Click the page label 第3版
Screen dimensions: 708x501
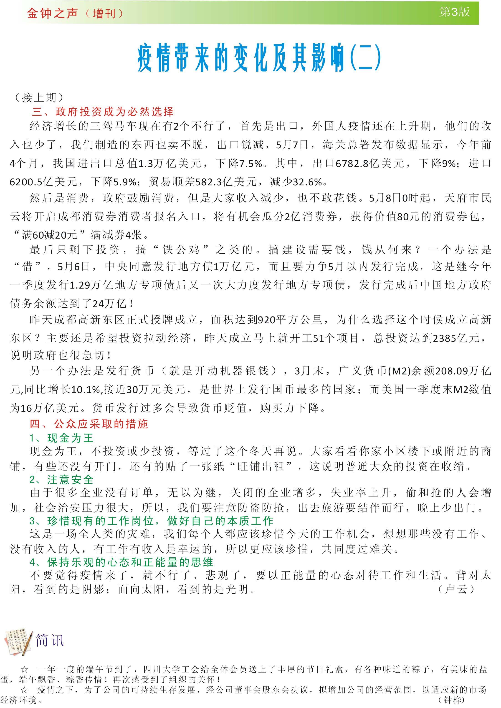click(x=454, y=12)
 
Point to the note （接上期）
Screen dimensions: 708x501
click(x=39, y=98)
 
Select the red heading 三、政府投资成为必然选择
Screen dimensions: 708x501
click(x=103, y=112)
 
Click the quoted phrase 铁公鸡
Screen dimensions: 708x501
click(x=181, y=249)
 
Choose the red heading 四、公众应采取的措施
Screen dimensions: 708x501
click(x=89, y=424)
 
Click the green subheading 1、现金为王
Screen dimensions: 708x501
click(x=61, y=438)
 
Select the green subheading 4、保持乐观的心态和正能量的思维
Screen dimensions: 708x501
click(x=121, y=562)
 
